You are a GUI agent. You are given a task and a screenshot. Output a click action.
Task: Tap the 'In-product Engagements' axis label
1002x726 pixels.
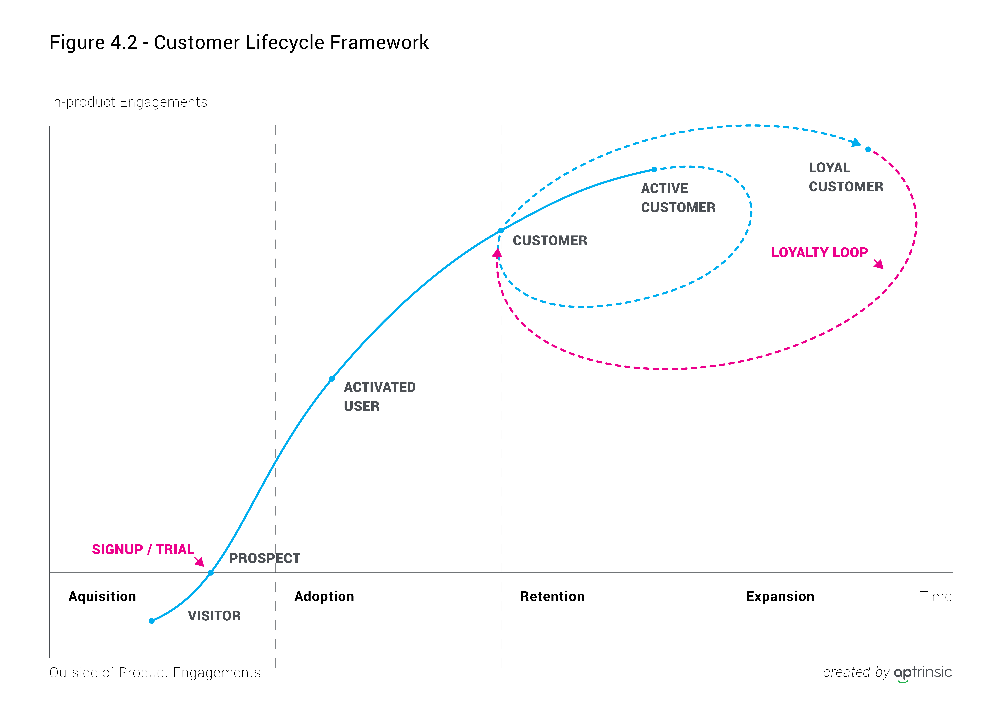[128, 102]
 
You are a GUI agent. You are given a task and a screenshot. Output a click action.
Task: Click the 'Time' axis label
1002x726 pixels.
[935, 597]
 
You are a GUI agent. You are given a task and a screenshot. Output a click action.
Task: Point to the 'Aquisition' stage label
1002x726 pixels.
[102, 597]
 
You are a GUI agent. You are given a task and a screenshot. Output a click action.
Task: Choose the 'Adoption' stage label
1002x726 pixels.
[324, 597]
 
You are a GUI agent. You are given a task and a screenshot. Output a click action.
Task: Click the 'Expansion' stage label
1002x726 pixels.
[780, 597]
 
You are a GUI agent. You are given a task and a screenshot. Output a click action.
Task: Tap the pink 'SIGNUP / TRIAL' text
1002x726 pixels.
[143, 549]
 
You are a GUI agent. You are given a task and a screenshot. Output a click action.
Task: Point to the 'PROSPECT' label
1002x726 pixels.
[264, 558]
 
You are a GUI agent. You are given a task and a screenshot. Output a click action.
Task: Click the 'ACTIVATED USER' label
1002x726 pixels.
[379, 396]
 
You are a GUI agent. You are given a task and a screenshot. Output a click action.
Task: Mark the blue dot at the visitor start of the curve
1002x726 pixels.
[152, 621]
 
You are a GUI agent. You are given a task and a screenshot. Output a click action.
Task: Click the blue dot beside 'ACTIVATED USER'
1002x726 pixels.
[332, 379]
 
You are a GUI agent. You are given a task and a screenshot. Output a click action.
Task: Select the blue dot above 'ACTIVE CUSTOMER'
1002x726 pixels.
[654, 169]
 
